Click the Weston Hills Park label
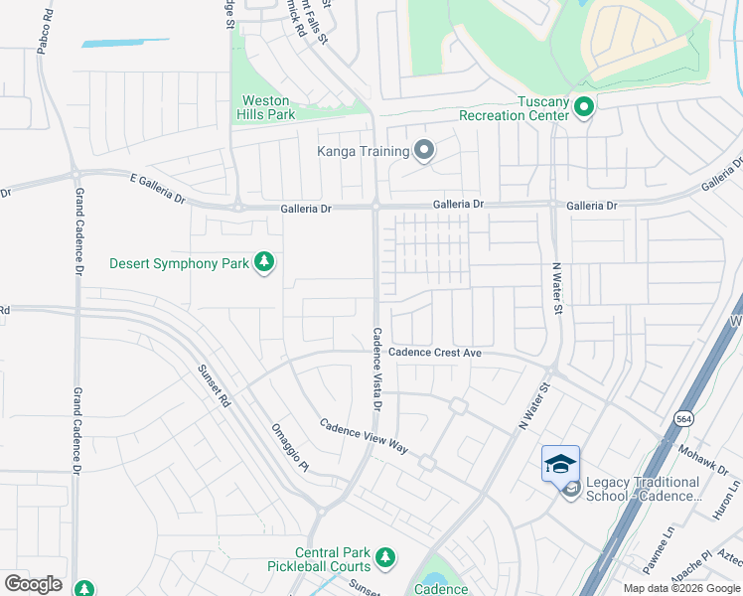tap(265, 108)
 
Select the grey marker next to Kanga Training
tap(424, 151)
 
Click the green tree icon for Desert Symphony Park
tap(264, 262)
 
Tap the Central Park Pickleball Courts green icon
tap(384, 559)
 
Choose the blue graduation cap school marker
tap(560, 464)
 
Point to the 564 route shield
tap(684, 420)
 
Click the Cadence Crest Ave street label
tap(435, 353)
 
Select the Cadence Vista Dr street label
tap(377, 369)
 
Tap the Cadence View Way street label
tap(364, 435)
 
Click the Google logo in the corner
tap(33, 584)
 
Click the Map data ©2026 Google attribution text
tap(681, 588)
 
